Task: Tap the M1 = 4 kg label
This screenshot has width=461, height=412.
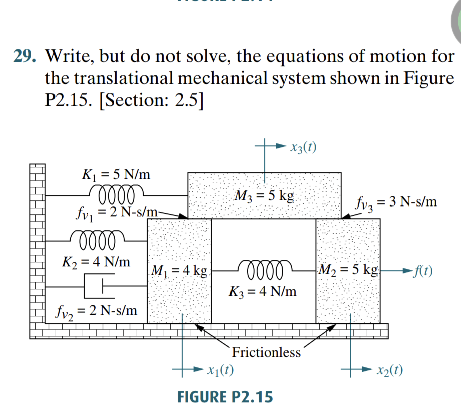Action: point(179,271)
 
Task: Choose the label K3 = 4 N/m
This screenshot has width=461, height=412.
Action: point(263,290)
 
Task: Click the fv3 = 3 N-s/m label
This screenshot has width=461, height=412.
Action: point(395,202)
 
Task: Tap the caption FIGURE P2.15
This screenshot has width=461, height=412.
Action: point(225,397)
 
